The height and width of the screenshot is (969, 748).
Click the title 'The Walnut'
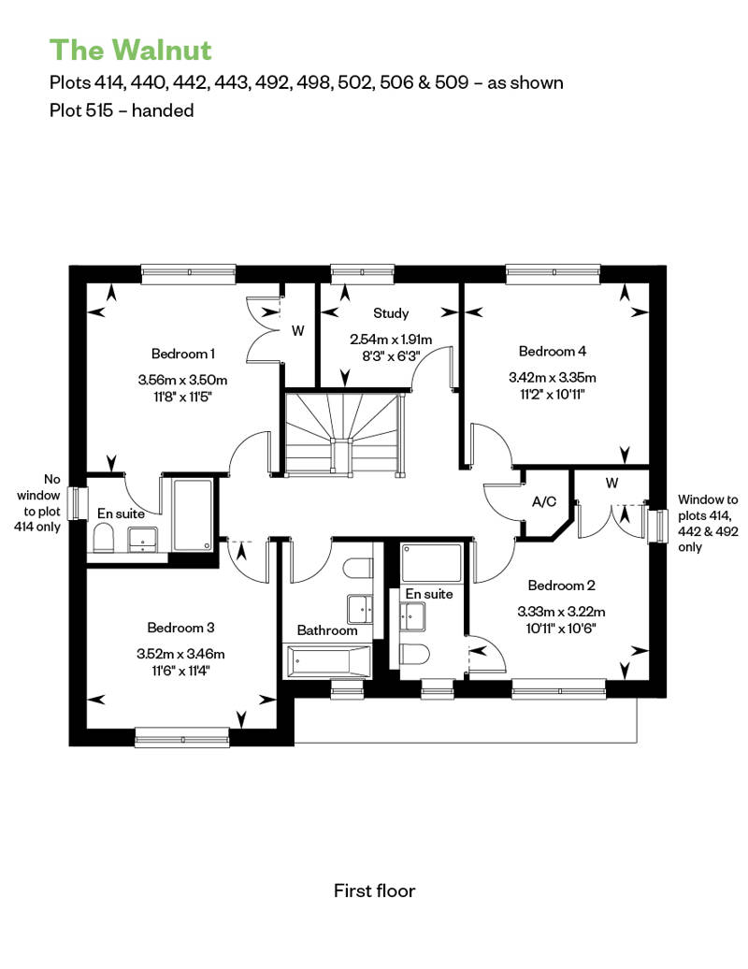click(130, 51)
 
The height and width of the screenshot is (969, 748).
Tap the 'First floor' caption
click(374, 890)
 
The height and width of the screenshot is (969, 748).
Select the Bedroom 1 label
click(183, 354)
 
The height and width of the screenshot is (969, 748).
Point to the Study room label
click(391, 313)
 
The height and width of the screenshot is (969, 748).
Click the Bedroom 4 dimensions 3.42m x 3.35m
click(553, 377)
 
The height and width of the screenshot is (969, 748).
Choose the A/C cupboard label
click(544, 501)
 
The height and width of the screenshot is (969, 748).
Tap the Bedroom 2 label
click(561, 586)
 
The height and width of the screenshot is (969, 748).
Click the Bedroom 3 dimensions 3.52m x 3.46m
click(181, 653)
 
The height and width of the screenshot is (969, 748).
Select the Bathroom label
click(327, 630)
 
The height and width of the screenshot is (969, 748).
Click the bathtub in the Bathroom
click(327, 661)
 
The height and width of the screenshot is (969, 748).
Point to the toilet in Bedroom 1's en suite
click(103, 538)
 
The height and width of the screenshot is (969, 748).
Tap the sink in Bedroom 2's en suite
click(412, 616)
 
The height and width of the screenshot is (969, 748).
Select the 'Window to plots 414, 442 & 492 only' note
click(708, 523)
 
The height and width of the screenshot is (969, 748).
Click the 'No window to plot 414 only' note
click(38, 503)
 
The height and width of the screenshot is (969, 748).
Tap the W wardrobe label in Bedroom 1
click(297, 330)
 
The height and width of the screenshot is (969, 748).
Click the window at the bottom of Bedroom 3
click(182, 738)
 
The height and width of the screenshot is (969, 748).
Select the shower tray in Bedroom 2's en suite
click(431, 562)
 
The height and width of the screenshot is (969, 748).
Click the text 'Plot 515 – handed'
click(122, 110)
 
